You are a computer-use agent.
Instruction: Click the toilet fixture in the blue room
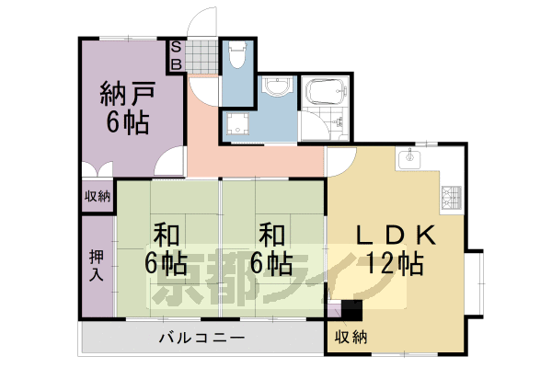237,54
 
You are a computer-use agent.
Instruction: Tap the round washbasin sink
278,86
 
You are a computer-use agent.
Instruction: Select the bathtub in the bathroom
326,92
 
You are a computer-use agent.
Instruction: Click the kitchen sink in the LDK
409,158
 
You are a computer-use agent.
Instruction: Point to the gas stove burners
452,198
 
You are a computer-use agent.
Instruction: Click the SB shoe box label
176,55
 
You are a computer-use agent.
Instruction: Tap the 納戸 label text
128,94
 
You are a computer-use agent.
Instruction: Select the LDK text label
397,236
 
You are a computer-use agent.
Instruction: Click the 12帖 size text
395,263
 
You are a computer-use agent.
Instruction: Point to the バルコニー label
201,338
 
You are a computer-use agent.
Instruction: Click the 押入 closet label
96,265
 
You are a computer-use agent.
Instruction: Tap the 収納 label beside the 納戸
98,196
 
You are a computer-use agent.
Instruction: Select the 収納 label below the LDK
351,337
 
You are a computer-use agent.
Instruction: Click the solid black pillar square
351,310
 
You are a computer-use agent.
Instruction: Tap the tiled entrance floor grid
201,55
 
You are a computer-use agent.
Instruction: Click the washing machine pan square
238,123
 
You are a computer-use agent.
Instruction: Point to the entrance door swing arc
193,17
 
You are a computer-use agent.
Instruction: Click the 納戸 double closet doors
98,169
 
